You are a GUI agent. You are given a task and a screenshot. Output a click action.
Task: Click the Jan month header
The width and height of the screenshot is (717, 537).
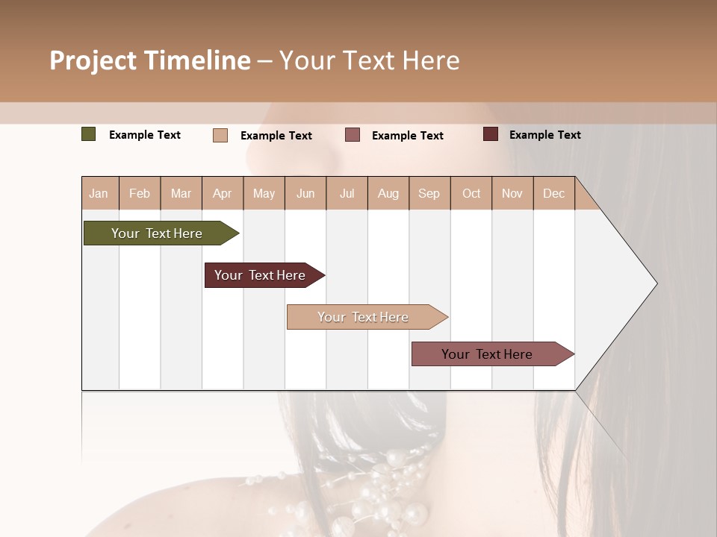[99, 193]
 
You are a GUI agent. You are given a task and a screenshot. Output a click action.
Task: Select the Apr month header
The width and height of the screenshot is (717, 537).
[223, 193]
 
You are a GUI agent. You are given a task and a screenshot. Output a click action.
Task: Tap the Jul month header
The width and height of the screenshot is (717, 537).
[347, 193]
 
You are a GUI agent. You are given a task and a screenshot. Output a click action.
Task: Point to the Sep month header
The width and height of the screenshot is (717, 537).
[429, 193]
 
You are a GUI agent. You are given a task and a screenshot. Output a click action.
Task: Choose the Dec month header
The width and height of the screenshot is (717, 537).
[553, 193]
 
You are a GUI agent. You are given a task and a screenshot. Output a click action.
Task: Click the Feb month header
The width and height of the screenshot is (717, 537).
[140, 193]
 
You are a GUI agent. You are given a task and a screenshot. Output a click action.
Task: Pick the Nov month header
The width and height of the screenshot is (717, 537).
[512, 193]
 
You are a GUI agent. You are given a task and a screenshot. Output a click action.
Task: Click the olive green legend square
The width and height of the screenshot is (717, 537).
[89, 134]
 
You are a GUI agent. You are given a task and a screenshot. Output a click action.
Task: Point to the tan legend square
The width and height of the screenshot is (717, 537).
[220, 135]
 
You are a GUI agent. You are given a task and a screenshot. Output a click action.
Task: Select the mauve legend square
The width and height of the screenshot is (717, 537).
[353, 135]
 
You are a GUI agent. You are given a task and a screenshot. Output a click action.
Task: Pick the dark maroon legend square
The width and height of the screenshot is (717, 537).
[491, 134]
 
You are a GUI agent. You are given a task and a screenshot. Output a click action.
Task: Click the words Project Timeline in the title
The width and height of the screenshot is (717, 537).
[150, 60]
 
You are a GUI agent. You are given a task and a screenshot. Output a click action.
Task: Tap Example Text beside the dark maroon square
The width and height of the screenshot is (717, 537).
[544, 135]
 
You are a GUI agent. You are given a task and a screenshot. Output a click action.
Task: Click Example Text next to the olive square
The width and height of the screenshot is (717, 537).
[145, 135]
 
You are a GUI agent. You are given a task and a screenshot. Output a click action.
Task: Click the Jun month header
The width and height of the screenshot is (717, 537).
[305, 193]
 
